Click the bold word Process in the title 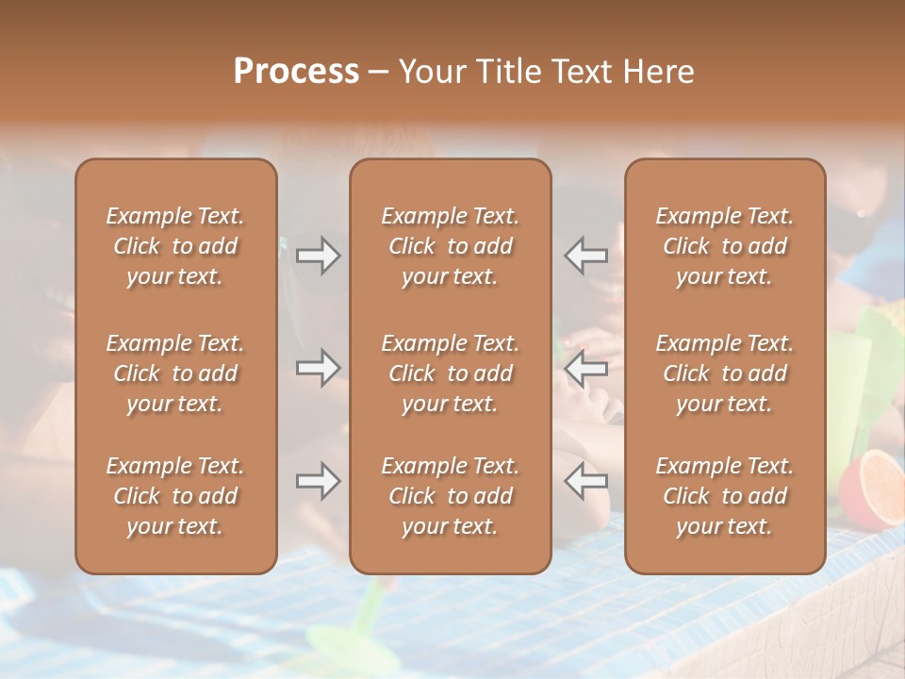[x=296, y=72]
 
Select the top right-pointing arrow [x=319, y=255]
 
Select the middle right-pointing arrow [x=319, y=367]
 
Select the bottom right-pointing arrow [x=319, y=481]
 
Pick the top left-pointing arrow [x=585, y=255]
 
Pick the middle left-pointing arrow [x=585, y=367]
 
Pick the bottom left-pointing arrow [x=585, y=481]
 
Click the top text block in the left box [x=175, y=246]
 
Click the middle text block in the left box [x=175, y=373]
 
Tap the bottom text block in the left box [x=175, y=496]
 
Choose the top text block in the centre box [x=450, y=246]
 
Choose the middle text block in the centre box [x=450, y=373]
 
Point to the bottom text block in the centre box [x=450, y=496]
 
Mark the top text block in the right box [x=724, y=246]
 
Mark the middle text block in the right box [x=724, y=373]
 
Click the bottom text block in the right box [x=724, y=496]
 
